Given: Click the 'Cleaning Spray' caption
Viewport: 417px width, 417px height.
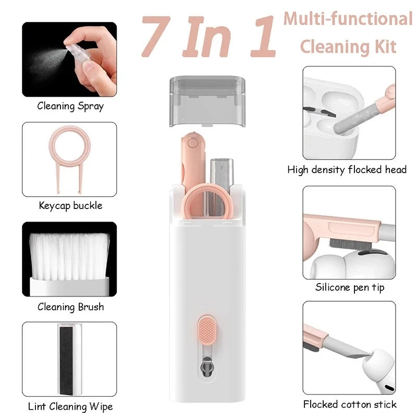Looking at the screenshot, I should (70, 106).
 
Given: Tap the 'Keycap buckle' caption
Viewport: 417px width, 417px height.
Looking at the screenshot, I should (70, 205).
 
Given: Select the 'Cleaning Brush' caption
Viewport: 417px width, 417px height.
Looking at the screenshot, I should (70, 307).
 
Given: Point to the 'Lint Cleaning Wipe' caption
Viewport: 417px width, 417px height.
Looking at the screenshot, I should (70, 406).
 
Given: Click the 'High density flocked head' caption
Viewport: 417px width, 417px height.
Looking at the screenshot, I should (347, 169).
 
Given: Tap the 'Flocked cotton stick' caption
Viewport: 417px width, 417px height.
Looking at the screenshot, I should (350, 404).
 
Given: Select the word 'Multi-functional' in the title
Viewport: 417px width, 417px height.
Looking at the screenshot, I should (348, 19).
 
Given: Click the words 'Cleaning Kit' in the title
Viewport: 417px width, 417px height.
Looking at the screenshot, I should (348, 47).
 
